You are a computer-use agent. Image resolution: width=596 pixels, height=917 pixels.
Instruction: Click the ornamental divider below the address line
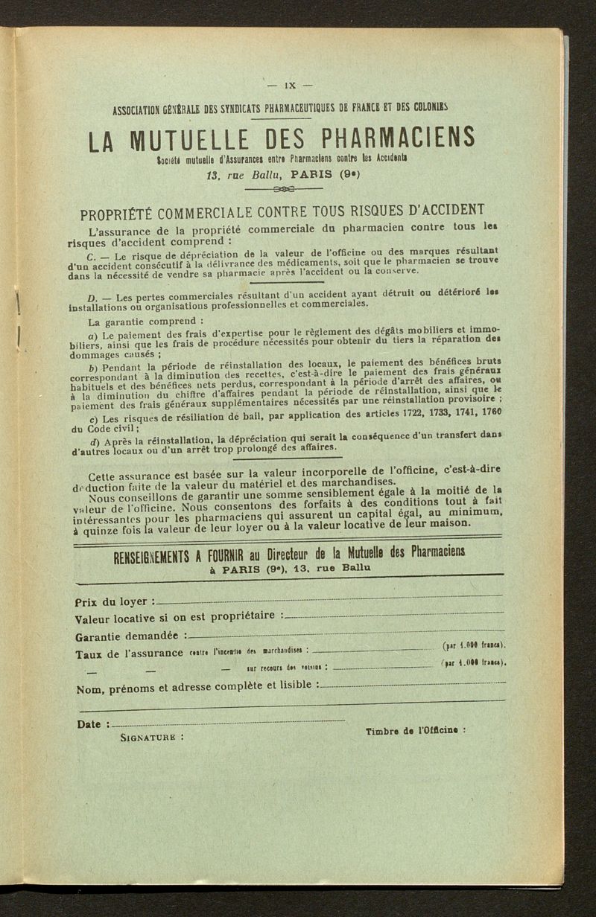[285, 189]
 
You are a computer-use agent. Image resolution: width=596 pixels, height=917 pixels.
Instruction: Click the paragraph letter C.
[91, 258]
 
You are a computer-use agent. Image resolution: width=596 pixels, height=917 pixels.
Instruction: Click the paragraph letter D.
[92, 298]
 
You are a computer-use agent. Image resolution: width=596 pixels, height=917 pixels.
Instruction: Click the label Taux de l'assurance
[128, 654]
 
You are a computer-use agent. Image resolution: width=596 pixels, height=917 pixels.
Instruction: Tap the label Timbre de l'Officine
[416, 731]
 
